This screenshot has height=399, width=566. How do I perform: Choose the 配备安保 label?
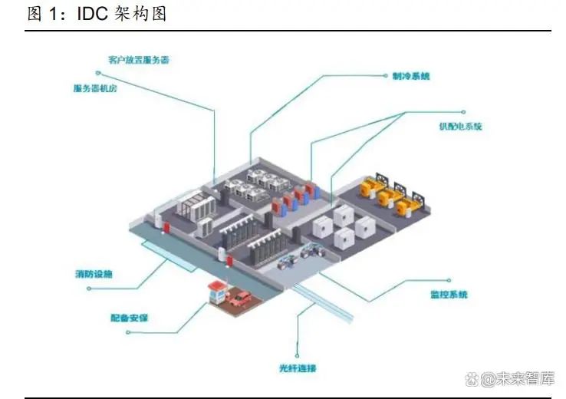click(130, 316)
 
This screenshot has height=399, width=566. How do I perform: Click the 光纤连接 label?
click(298, 368)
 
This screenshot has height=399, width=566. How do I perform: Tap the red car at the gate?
click(241, 298)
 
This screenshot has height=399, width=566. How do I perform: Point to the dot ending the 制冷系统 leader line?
click(384, 77)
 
